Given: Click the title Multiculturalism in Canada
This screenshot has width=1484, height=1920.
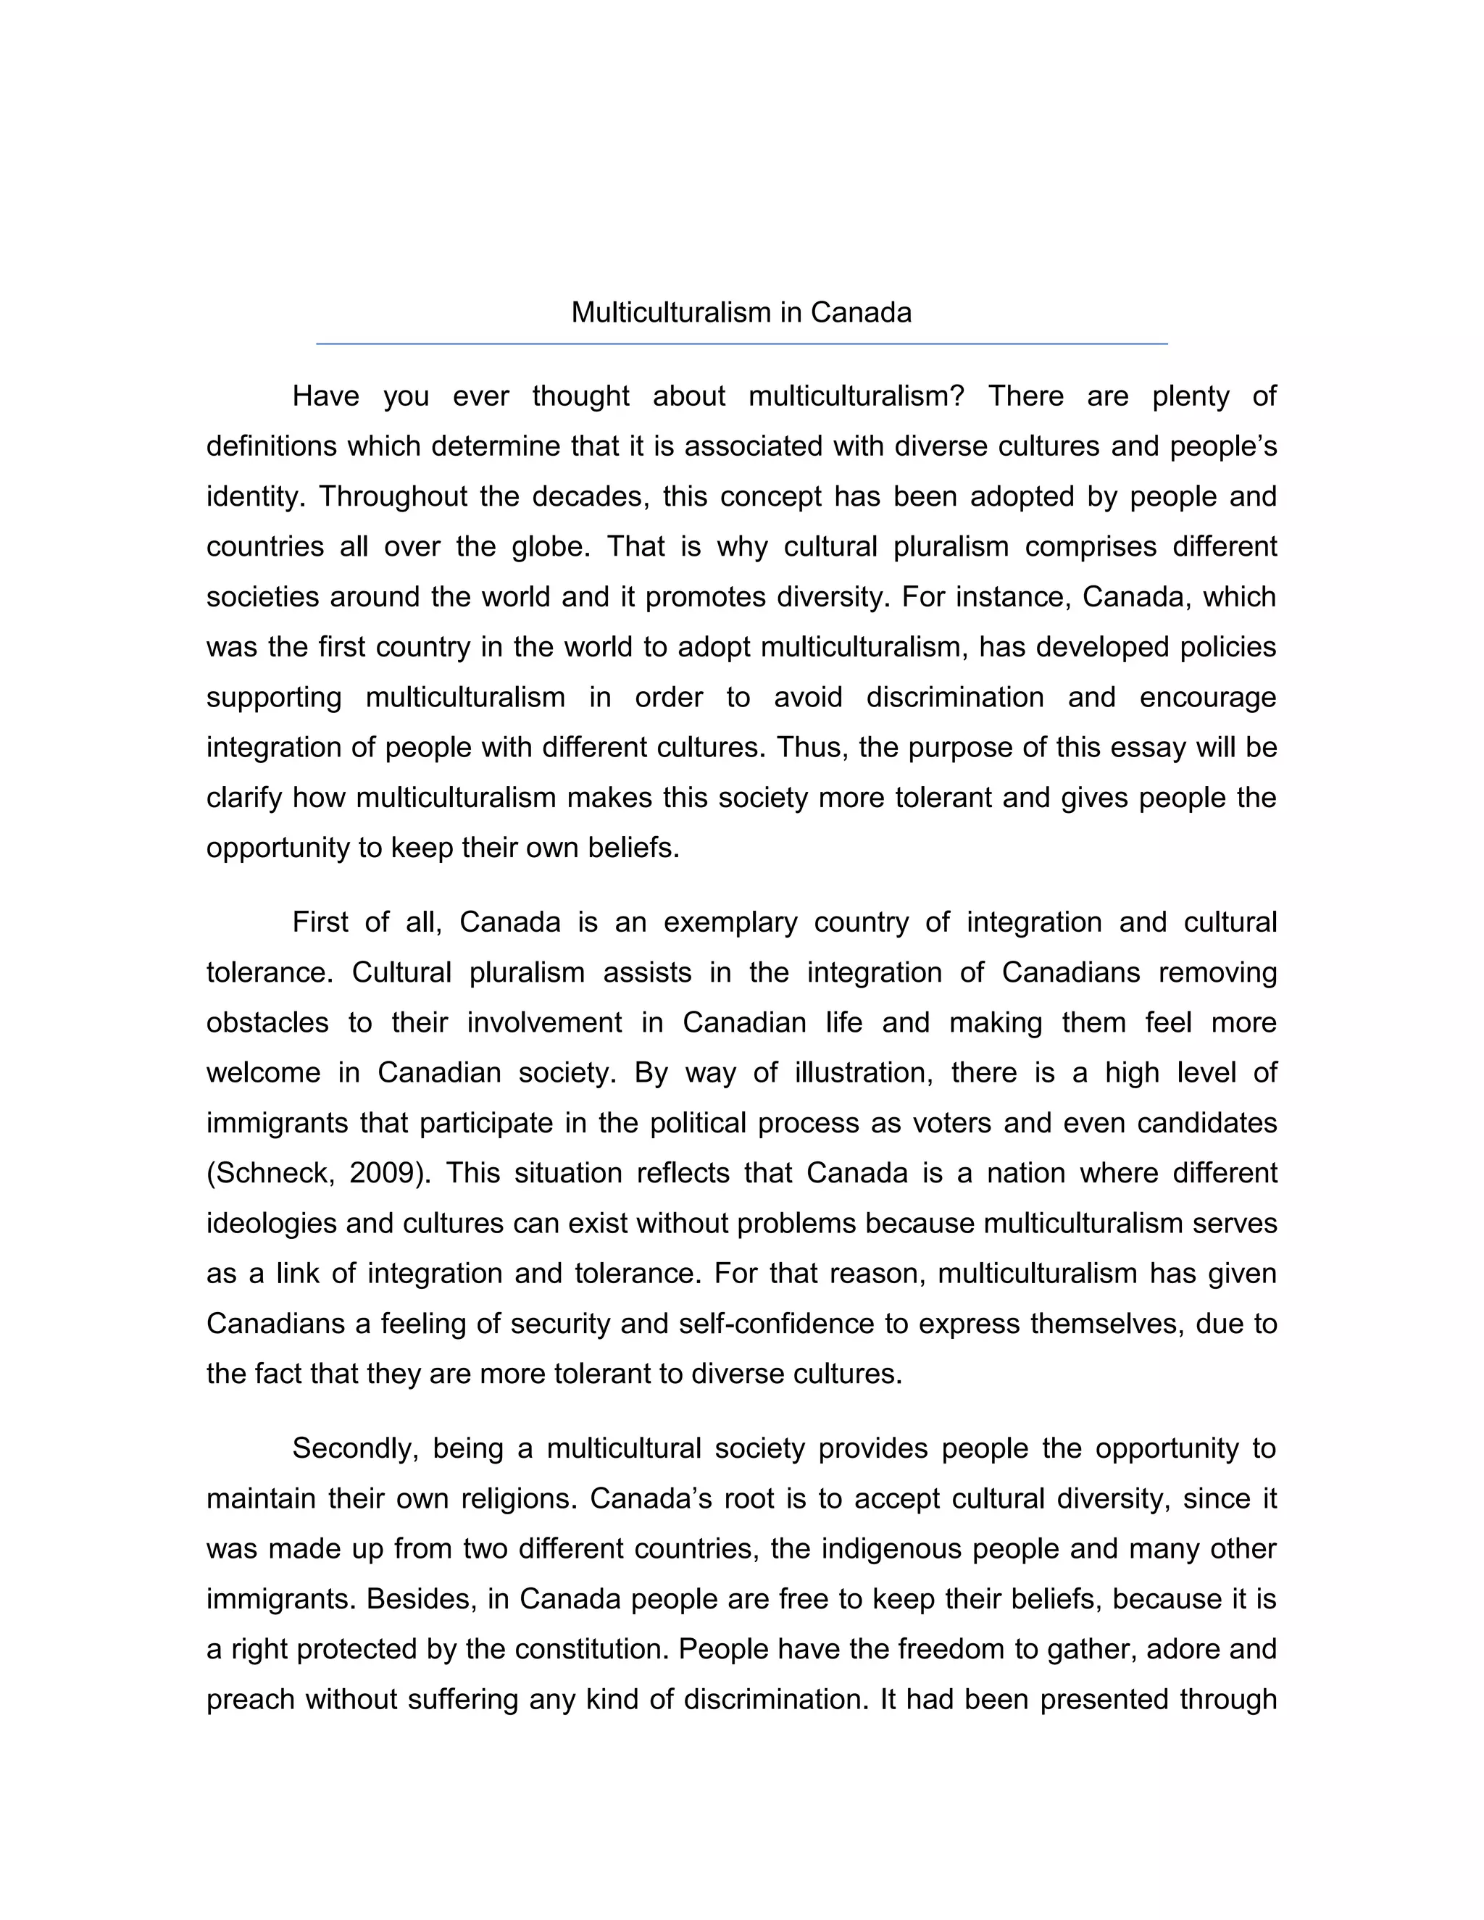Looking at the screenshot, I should coord(741,312).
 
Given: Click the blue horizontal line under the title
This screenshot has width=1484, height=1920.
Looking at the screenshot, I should coord(741,343).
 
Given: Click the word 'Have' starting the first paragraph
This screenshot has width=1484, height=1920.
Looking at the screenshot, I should coord(325,396).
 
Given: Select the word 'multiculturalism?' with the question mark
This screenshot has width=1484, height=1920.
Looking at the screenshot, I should coord(856,396).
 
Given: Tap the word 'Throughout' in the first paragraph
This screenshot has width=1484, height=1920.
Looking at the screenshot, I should coord(392,497).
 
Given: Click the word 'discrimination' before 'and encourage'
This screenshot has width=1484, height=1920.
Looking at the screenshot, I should coord(955,697).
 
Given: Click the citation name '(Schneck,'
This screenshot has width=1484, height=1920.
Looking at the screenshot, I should coord(270,1174).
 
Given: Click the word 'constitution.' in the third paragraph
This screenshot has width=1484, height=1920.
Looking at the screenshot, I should coord(593,1649).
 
